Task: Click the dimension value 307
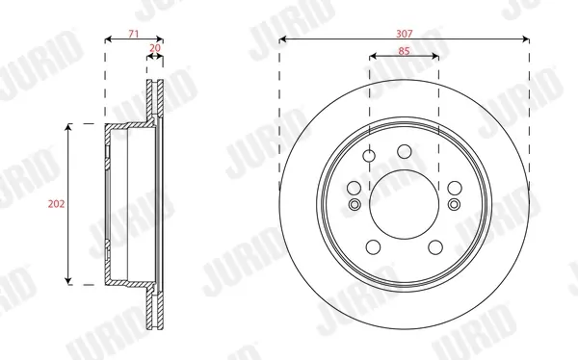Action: click(x=404, y=34)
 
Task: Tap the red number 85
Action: click(x=404, y=51)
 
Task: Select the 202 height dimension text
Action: click(x=56, y=204)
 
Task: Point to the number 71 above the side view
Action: click(x=134, y=34)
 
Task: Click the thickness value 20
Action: click(x=155, y=48)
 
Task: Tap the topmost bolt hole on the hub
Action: click(x=405, y=151)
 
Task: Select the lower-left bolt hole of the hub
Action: click(x=373, y=246)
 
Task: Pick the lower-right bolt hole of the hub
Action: click(x=435, y=246)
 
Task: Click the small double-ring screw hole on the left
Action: click(x=355, y=204)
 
